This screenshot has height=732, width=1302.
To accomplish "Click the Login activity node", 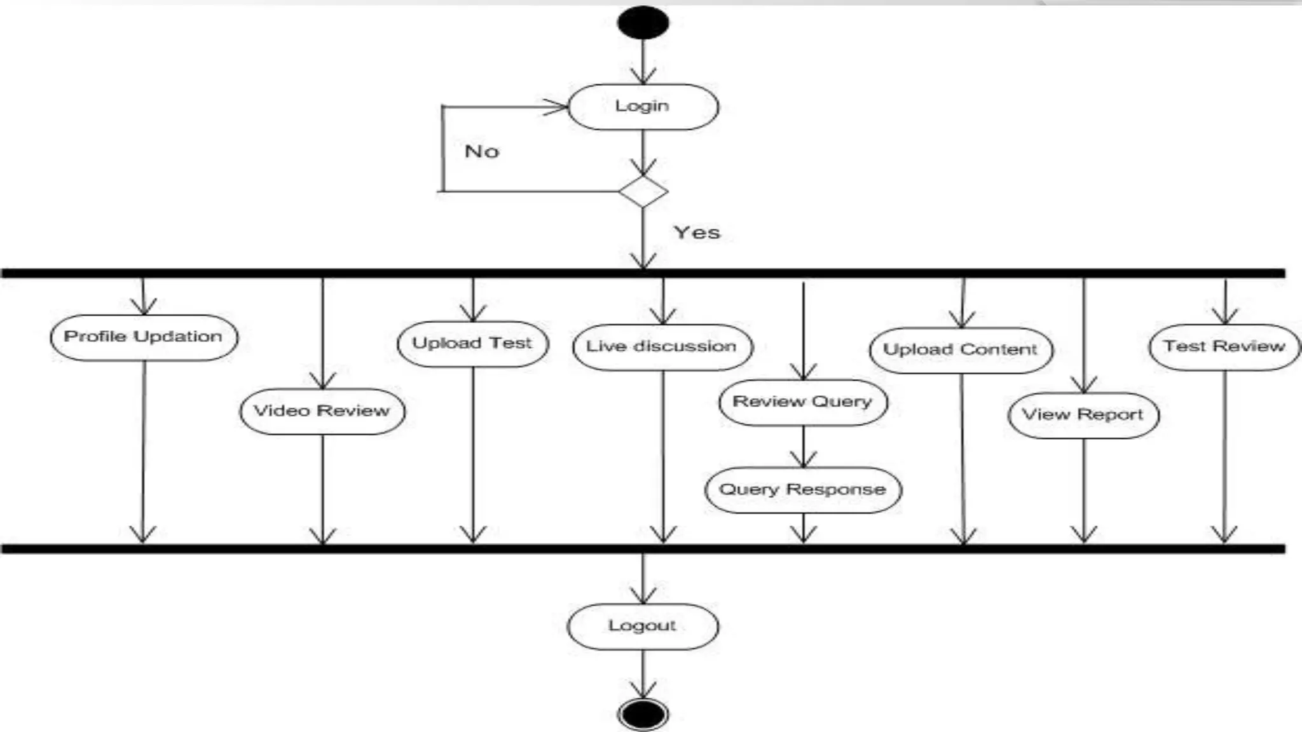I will tap(643, 107).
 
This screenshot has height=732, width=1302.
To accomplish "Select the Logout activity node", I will tap(643, 627).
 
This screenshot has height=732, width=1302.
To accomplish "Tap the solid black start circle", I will tap(643, 23).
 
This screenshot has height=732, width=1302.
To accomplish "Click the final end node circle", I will tap(643, 714).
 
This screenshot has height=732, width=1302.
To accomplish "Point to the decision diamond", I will tap(643, 192).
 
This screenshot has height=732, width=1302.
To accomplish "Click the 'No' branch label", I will tap(482, 152).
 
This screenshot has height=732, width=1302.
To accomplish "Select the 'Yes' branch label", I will tap(697, 233).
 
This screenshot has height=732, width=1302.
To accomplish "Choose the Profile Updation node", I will tap(144, 337).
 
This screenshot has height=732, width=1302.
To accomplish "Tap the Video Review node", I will tap(322, 411).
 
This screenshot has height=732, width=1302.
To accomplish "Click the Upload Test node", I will tap(472, 344).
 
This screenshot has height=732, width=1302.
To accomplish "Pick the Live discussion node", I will tap(662, 347).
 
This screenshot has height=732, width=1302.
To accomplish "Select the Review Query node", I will tap(803, 402).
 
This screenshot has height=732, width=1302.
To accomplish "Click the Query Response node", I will tap(803, 490).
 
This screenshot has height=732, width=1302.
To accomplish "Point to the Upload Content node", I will tap(961, 350).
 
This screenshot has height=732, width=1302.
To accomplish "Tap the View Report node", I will tap(1083, 416).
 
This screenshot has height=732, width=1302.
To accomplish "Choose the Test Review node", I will tap(1224, 347).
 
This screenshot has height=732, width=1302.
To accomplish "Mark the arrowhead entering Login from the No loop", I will tap(557, 107).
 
